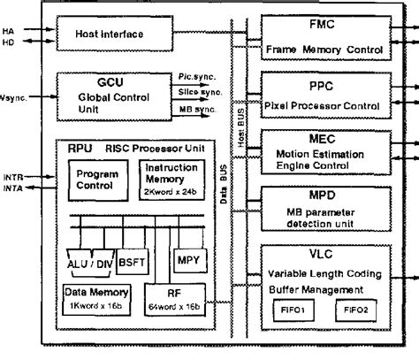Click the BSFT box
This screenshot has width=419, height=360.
click(x=133, y=264)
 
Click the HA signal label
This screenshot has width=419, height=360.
click(x=10, y=30)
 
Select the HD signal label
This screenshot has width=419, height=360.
click(x=10, y=42)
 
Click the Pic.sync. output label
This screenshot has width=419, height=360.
click(x=193, y=79)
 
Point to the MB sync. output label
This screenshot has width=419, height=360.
click(x=191, y=108)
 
